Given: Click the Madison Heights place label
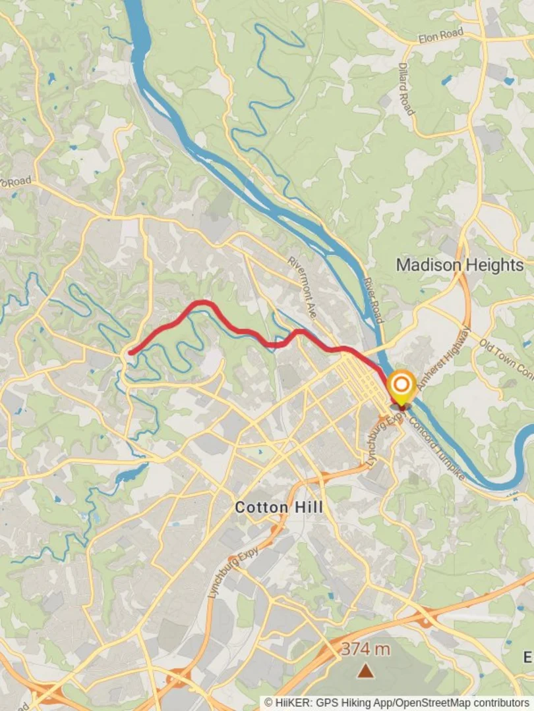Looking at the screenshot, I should tap(460, 265).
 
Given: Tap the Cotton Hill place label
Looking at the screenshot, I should tap(279, 508).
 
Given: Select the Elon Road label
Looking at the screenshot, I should tap(441, 35).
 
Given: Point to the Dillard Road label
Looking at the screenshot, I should tap(406, 89).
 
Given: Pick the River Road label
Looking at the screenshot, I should tap(373, 300).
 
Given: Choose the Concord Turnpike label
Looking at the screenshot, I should tap(438, 448).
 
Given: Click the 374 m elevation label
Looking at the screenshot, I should tap(365, 649).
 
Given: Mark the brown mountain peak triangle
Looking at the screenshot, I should tap(365, 671).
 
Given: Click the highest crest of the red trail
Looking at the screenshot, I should tap(202, 303).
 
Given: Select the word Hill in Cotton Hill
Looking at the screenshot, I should tap(309, 508).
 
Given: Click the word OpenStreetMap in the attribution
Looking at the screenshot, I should tap(437, 703).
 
